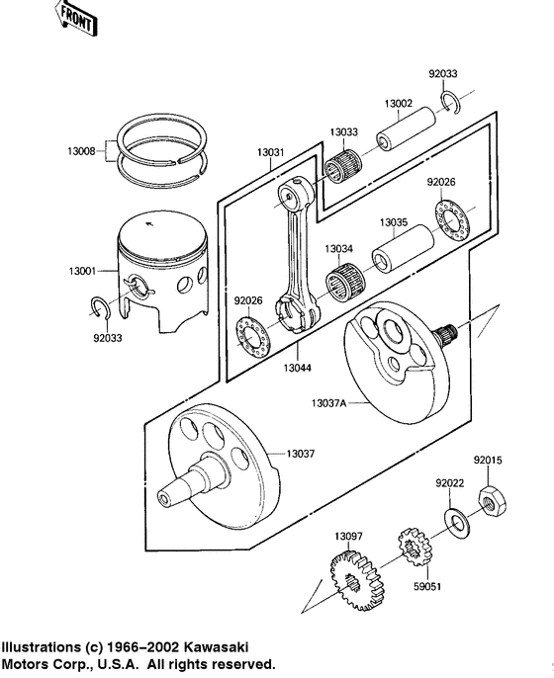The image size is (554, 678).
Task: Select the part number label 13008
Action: pos(84,151)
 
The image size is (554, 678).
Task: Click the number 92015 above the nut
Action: pos(488,460)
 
